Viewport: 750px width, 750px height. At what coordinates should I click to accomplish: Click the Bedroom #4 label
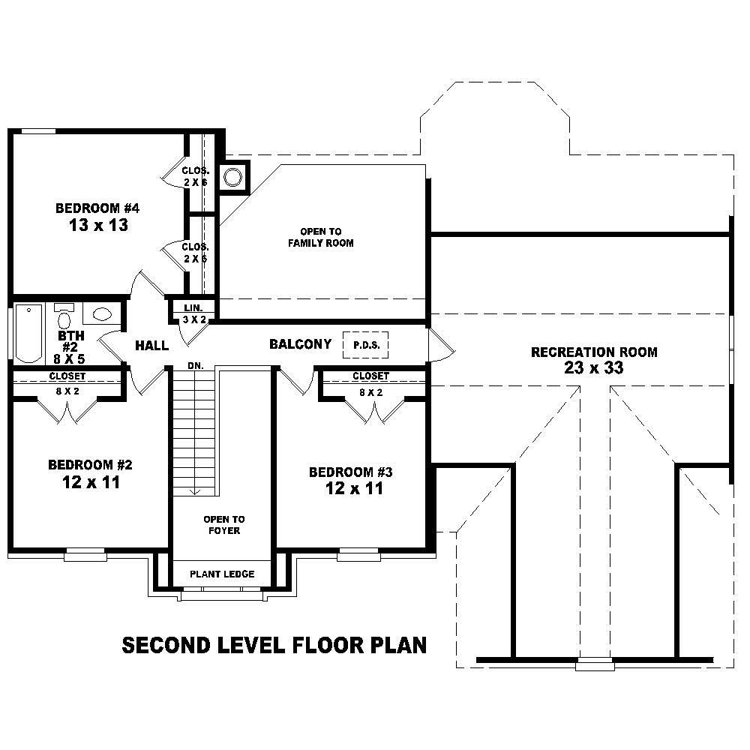click(x=97, y=208)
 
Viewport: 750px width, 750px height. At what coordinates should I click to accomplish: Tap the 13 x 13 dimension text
click(x=97, y=225)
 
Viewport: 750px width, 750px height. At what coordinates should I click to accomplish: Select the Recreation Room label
click(x=594, y=352)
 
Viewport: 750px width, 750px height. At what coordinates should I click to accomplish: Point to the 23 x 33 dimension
click(x=594, y=368)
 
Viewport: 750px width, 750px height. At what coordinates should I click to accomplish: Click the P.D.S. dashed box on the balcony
click(x=366, y=345)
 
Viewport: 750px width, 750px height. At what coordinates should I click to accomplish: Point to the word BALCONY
click(x=300, y=344)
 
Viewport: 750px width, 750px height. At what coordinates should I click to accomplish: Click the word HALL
click(x=151, y=346)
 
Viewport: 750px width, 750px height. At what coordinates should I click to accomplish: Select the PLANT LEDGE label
click(x=221, y=574)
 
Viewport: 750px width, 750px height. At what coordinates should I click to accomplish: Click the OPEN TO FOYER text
click(x=223, y=525)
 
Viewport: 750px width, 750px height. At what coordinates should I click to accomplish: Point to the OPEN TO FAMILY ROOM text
click(x=321, y=237)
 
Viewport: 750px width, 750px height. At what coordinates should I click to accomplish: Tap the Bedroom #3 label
click(x=351, y=472)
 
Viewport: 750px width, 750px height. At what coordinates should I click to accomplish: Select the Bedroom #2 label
click(x=90, y=464)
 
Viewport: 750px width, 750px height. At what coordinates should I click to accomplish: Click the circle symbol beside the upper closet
click(x=233, y=178)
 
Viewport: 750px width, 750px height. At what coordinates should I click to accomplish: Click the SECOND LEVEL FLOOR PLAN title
click(x=274, y=645)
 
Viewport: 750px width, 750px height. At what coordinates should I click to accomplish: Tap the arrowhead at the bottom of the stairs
click(x=194, y=491)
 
